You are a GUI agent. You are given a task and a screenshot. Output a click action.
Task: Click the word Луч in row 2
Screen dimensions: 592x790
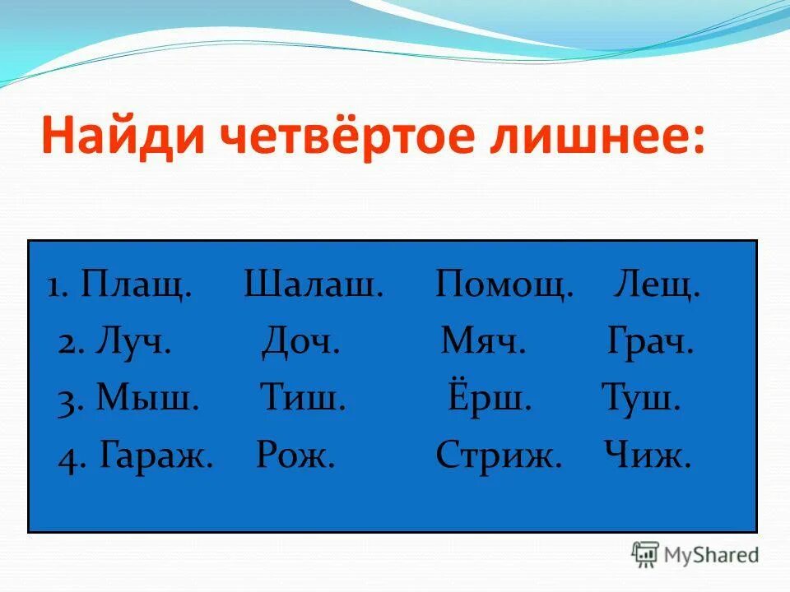point(132,341)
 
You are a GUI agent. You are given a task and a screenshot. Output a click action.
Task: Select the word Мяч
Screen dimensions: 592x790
point(483,341)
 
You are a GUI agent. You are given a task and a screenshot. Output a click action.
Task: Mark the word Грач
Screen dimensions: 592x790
point(650,341)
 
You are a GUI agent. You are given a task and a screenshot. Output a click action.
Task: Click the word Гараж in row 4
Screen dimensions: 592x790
point(156,454)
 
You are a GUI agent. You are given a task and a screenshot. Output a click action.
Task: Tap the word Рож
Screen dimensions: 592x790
point(295,454)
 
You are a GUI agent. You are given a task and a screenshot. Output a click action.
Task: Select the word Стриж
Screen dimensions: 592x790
point(499,454)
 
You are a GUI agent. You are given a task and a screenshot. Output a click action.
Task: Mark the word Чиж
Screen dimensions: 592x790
point(647,454)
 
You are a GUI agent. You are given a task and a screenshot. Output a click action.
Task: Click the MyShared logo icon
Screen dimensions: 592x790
point(646,555)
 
